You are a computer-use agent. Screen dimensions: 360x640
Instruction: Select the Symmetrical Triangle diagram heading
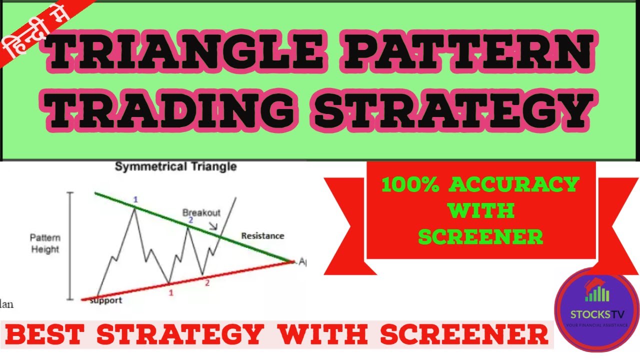[176, 166]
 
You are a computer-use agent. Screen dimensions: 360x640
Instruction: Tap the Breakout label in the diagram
[201, 213]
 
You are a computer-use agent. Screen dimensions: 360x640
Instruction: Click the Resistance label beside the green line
[262, 235]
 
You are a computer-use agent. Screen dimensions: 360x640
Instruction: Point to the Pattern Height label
[45, 243]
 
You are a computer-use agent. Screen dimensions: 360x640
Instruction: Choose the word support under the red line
[105, 300]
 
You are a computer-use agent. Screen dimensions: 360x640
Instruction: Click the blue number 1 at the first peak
[135, 200]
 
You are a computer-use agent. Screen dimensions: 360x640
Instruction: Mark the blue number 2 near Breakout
[190, 220]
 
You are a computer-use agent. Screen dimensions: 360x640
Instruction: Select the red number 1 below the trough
[171, 293]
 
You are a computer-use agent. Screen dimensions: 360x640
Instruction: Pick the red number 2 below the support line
[206, 282]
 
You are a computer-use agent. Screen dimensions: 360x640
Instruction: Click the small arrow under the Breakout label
[214, 227]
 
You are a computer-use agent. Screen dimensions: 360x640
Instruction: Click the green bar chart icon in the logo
[597, 292]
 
